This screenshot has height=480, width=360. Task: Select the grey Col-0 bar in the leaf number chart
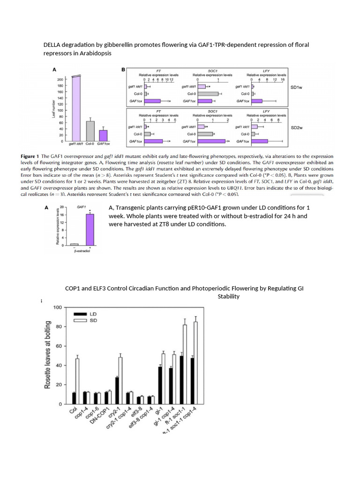pos(90,131)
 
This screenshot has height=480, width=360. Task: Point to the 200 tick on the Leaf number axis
pos(60,80)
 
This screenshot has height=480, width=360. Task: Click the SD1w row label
pos(296,87)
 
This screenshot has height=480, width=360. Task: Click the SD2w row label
pos(296,127)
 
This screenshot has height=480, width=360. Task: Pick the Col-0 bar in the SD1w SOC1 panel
pos(208,94)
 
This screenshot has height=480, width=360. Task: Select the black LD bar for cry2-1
pos(117,390)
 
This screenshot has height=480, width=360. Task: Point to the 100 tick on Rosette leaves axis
pos(57,307)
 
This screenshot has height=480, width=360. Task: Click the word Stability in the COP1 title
pos(228,296)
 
